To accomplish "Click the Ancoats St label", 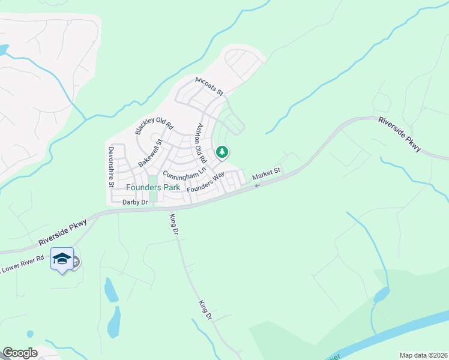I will [x=209, y=86].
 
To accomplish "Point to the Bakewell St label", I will [x=150, y=153].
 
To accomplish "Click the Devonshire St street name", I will [x=111, y=167].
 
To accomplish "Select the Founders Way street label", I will [x=205, y=182].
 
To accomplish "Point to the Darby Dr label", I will [x=135, y=203].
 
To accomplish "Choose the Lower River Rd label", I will [x=23, y=264].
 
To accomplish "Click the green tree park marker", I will [x=222, y=152].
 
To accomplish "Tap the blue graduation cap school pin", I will [x=62, y=259].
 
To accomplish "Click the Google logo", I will [x=20, y=353].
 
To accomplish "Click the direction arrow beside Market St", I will [x=257, y=185].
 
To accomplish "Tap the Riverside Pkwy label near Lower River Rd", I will [x=62, y=232].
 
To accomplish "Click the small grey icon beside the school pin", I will [x=76, y=262].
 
